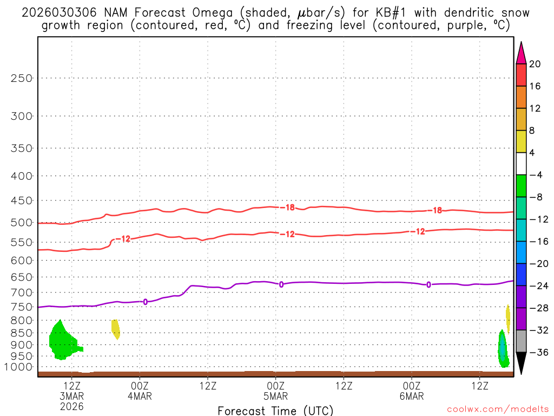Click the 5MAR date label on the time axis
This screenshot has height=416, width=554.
(275, 396)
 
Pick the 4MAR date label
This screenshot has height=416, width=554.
(140, 396)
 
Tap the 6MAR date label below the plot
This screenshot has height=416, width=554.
(412, 396)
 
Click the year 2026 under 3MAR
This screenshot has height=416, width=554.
(72, 406)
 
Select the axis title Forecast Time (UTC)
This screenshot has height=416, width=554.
(275, 410)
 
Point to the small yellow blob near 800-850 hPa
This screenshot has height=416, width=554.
(116, 328)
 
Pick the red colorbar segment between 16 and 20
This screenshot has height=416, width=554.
(522, 75)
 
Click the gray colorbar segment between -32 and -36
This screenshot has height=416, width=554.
(522, 341)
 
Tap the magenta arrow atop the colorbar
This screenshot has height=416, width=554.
(522, 53)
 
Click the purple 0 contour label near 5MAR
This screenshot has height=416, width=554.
(281, 284)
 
